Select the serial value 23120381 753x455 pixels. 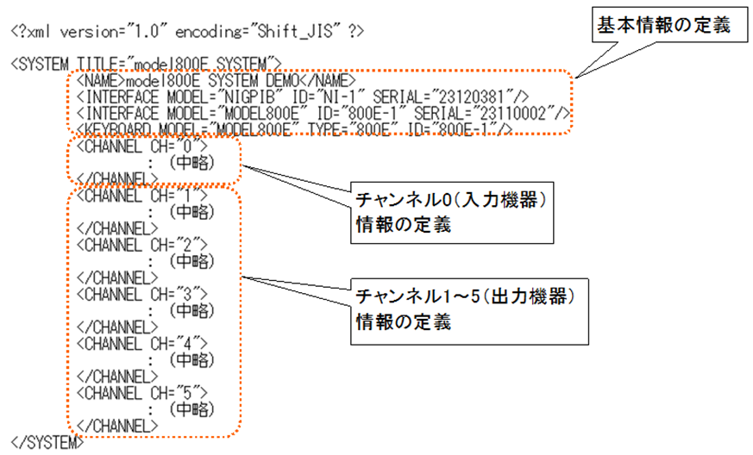tap(478, 96)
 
